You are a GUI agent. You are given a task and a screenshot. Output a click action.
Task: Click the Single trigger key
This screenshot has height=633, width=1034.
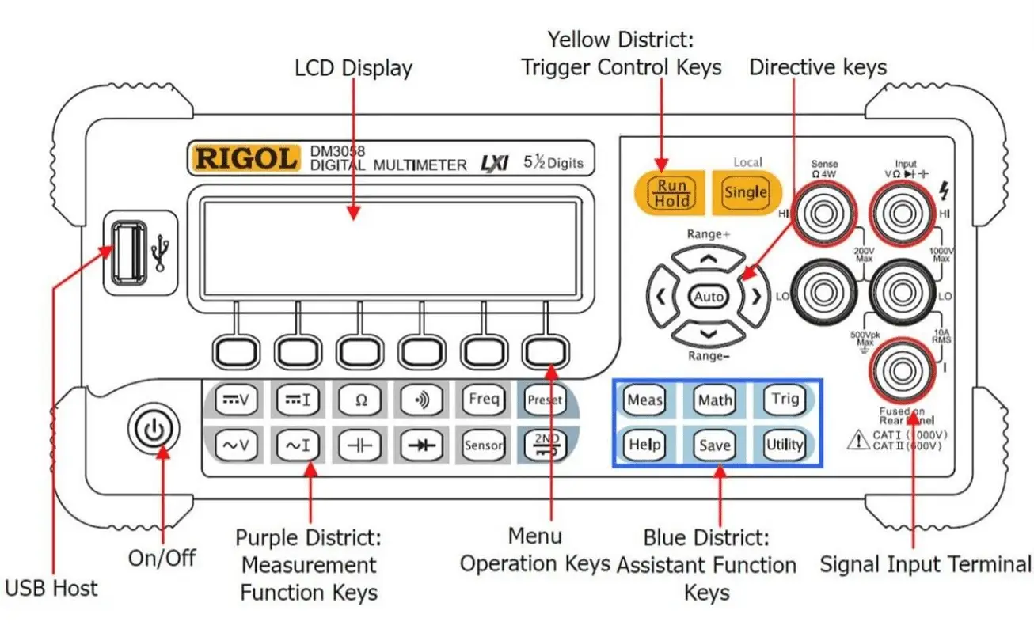(x=746, y=192)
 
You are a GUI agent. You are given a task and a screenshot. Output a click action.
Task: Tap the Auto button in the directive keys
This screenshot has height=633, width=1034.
(x=709, y=297)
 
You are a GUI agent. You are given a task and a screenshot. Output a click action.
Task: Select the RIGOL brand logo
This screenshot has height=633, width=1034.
(x=246, y=157)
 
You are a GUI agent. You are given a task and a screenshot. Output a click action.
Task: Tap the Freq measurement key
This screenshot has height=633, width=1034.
(x=483, y=400)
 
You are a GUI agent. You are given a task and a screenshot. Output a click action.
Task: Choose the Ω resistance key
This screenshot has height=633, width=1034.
(x=360, y=400)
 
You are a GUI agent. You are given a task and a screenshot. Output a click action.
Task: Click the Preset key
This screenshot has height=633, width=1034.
(x=544, y=400)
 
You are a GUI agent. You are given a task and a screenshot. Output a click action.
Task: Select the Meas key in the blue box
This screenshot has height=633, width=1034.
(x=644, y=400)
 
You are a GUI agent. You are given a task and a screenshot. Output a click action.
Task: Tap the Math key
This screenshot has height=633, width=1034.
(x=714, y=400)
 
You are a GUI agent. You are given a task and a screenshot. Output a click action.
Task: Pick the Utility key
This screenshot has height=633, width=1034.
(x=784, y=445)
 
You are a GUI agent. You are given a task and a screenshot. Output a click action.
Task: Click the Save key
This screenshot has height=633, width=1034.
(x=714, y=445)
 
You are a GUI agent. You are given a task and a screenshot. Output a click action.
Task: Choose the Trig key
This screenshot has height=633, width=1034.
(x=785, y=399)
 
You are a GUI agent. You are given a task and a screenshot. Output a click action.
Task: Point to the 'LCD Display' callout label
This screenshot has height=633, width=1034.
(x=353, y=68)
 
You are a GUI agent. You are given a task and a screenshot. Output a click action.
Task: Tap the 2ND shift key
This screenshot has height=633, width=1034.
(x=544, y=445)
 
